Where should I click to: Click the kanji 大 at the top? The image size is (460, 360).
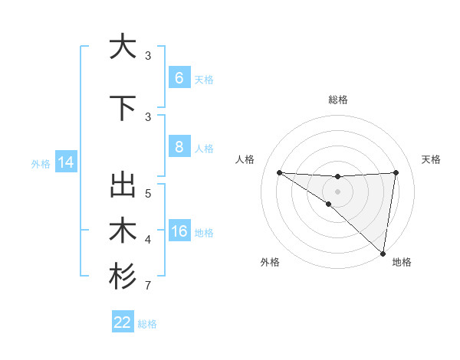[x=122, y=47]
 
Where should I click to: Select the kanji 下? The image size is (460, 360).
[x=122, y=108]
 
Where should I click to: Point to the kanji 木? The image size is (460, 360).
[x=122, y=231]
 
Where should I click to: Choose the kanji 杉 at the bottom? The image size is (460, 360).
[x=122, y=277]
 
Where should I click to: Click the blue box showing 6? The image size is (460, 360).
[x=179, y=78]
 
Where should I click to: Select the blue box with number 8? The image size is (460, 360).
[x=179, y=148]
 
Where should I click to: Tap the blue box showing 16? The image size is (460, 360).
[x=179, y=232]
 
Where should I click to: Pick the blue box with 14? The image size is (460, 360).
[x=64, y=162]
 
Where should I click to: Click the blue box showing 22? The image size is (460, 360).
[x=123, y=322]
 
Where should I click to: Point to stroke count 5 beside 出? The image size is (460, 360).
[x=148, y=193]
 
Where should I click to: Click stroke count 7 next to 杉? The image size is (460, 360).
[x=148, y=286]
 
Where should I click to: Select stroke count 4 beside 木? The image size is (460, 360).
[x=148, y=240]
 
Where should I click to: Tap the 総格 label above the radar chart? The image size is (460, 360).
[x=337, y=100]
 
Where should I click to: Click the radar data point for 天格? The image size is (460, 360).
[x=396, y=172]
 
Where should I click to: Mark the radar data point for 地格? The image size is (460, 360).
[x=383, y=253]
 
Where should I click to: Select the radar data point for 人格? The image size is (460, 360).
[x=279, y=172]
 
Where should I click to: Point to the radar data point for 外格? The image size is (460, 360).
[x=329, y=204]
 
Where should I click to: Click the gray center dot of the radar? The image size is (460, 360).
[x=337, y=190]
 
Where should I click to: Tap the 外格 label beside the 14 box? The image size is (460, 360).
[x=41, y=163]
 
